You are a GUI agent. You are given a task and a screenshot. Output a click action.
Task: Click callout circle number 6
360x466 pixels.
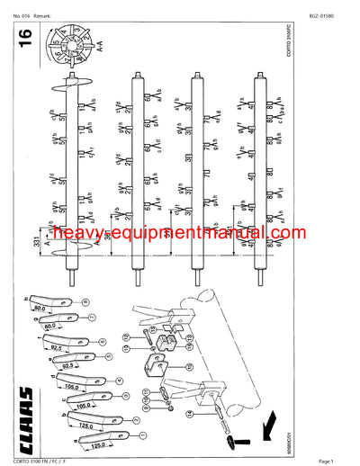click(x=104, y=339)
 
